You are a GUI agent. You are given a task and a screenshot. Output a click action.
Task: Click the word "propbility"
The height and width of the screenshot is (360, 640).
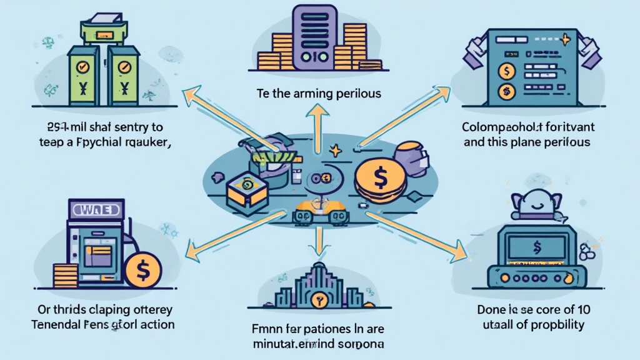(555, 324)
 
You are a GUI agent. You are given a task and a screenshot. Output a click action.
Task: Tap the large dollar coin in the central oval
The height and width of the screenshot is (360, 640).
(380, 179)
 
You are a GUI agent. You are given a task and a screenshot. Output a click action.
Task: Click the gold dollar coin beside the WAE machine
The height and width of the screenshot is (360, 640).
(143, 269)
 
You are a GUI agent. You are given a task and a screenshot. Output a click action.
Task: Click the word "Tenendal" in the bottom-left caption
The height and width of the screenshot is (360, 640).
(61, 324)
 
